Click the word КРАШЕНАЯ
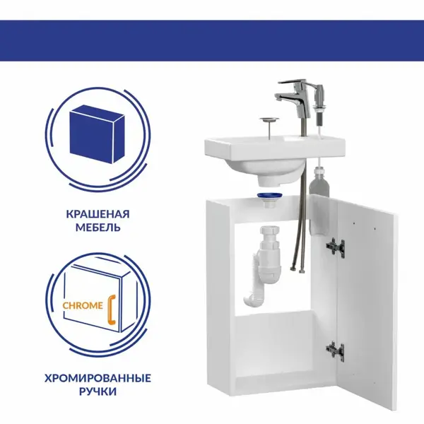pyautogui.click(x=98, y=214)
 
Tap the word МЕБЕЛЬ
pyautogui.click(x=98, y=228)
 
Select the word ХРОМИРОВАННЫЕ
pyautogui.click(x=98, y=378)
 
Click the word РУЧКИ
pyautogui.click(x=98, y=391)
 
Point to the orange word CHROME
pyautogui.click(x=83, y=306)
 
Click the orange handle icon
pyautogui.click(x=112, y=310)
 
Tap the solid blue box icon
pyautogui.click(x=97, y=134)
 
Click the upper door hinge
pyautogui.click(x=335, y=247)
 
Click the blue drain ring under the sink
pyautogui.click(x=269, y=196)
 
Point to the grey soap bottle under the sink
pyautogui.click(x=319, y=183)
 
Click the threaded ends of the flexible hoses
pyautogui.click(x=297, y=269)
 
